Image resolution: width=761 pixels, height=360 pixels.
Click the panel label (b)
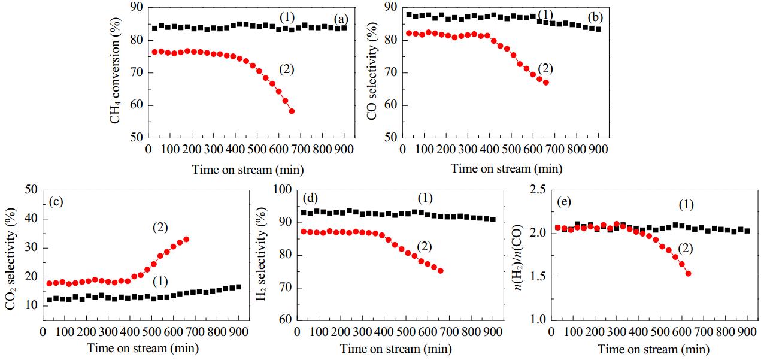[596, 17]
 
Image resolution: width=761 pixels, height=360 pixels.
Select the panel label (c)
[56, 202]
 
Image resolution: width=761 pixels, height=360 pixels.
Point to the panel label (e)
[564, 202]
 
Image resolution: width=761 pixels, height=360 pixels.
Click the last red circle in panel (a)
[292, 111]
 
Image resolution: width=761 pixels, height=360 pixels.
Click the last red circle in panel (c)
[186, 240]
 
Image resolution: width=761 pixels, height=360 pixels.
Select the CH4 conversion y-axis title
[116, 71]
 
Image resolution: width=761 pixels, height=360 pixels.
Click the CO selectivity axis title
[372, 71]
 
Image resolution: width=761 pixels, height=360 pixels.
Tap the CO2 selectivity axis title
[11, 259]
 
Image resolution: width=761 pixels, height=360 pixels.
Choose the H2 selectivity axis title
[261, 254]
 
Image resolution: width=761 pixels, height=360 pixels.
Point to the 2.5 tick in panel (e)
[538, 190]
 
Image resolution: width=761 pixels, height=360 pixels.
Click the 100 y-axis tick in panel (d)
[283, 190]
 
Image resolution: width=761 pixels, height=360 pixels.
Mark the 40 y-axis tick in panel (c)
[31, 219]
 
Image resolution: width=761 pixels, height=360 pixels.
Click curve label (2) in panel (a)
[286, 69]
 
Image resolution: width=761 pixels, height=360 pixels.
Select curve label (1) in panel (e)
[686, 205]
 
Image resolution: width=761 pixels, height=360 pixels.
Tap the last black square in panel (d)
[493, 219]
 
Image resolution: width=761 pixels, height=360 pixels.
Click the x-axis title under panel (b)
[507, 168]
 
